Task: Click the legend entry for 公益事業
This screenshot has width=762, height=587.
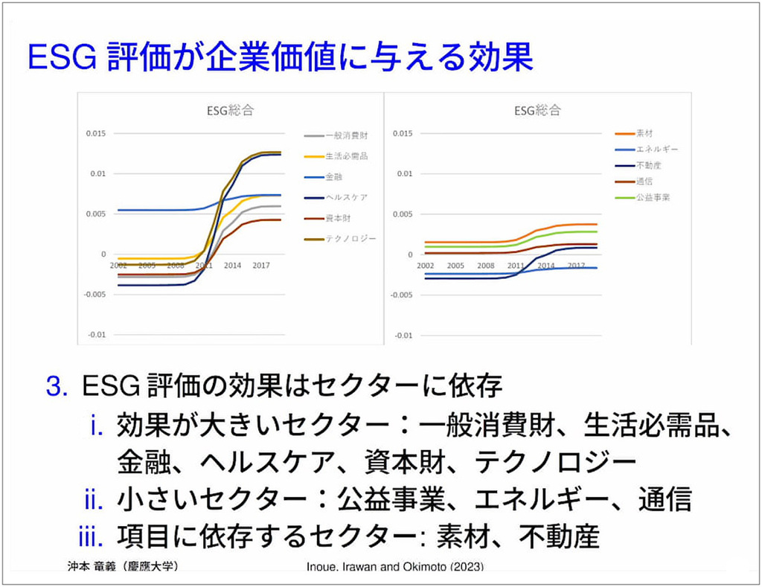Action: (x=652, y=197)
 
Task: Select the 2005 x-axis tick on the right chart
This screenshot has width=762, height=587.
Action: (x=455, y=265)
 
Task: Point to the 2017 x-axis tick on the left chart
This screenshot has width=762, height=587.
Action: (x=260, y=265)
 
